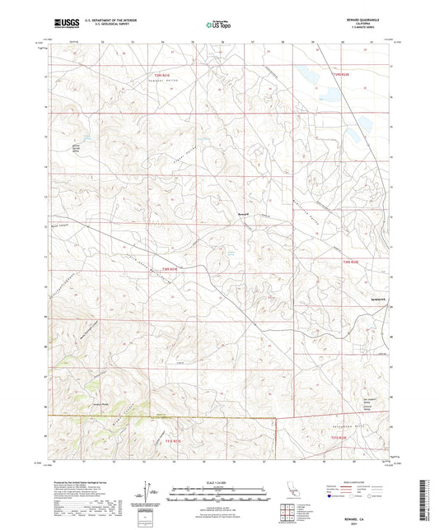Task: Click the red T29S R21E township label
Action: click(168, 77)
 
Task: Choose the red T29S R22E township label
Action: click(340, 75)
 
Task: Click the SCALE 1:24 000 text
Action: click(218, 482)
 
